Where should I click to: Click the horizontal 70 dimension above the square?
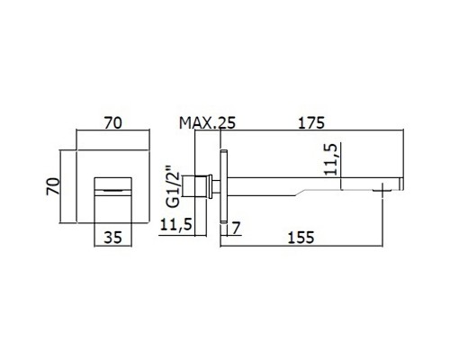click(x=113, y=123)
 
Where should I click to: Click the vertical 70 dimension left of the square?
click(x=52, y=186)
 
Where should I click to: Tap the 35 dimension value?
click(x=113, y=238)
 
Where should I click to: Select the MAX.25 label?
click(x=207, y=123)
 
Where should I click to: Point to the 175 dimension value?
click(x=311, y=123)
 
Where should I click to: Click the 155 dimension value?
click(x=301, y=238)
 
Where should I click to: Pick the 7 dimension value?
click(x=237, y=228)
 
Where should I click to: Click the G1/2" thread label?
click(x=174, y=186)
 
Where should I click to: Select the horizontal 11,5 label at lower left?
click(x=175, y=224)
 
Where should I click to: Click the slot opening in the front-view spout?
click(x=113, y=190)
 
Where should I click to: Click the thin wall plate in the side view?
click(x=224, y=186)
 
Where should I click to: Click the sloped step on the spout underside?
click(x=301, y=193)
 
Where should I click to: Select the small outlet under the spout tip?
click(x=382, y=190)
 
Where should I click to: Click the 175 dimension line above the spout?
click(x=312, y=130)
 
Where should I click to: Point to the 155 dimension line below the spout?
click(x=301, y=247)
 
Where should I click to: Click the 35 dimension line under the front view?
click(x=113, y=247)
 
